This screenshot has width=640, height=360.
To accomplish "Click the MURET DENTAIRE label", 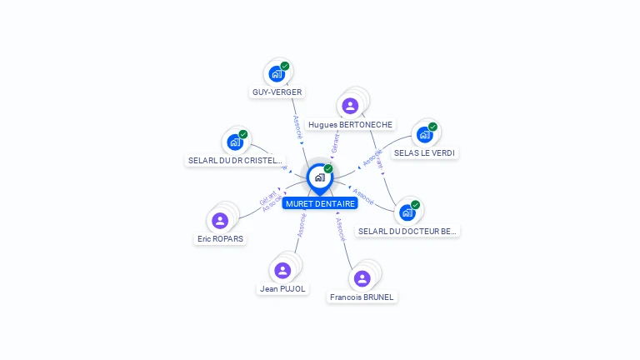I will point(320,203).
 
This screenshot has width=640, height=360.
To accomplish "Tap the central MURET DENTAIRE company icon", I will point(319,177).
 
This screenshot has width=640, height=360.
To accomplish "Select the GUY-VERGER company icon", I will point(277,73).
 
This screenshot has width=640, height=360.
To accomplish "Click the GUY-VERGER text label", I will point(277,92).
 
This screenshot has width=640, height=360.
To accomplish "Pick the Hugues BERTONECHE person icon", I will point(350,106).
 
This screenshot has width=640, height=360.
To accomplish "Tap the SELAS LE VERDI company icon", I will point(424,134).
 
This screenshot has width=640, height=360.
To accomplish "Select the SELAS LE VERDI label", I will point(426,153).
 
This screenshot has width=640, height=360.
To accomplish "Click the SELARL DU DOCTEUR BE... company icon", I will point(407,212).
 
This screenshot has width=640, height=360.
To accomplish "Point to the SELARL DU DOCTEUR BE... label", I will point(407,231).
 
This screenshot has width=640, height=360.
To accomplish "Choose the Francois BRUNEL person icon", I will point(362,278).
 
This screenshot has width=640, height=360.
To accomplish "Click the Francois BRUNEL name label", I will point(362,297).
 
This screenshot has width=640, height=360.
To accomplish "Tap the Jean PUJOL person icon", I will point(282,270).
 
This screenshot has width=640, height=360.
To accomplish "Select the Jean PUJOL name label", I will point(282,289).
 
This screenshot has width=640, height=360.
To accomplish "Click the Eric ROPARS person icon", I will point(220,220).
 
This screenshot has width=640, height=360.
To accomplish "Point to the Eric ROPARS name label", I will point(220,239).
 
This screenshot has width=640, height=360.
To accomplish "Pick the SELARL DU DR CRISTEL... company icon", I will point(235,142).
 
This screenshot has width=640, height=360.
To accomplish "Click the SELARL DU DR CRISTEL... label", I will point(236,161).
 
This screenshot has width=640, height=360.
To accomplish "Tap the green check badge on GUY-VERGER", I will point(285,66).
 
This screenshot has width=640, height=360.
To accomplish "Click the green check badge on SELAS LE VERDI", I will point(432,127).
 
